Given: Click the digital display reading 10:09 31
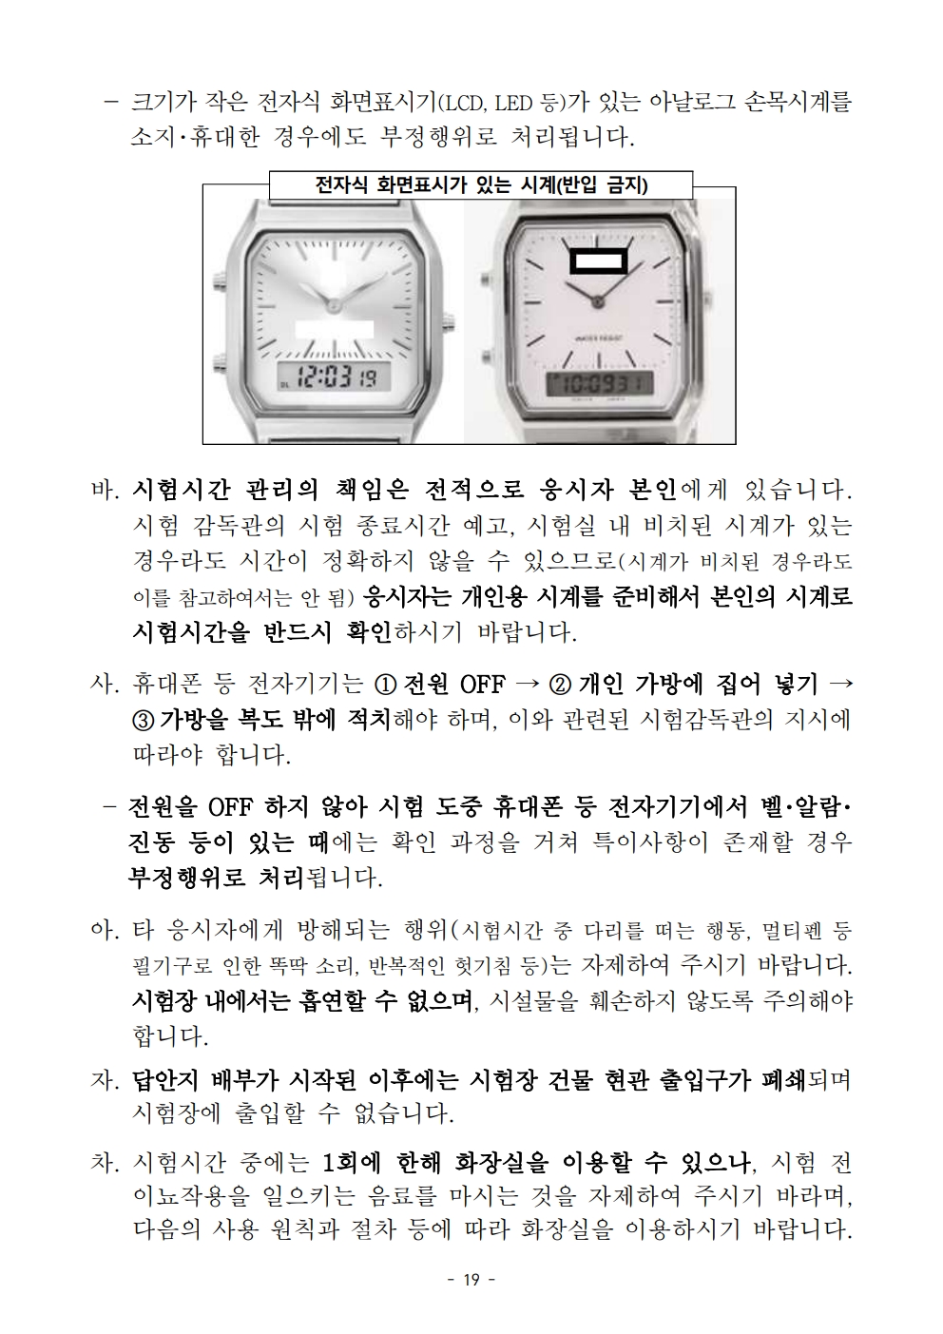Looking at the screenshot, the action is pos(600,383).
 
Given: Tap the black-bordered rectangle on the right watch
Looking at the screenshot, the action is pos(599,261).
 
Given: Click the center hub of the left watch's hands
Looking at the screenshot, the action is pos(334,305).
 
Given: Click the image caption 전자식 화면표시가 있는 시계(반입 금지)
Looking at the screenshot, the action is pos(481,185).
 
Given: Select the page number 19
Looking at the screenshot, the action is pos(471,1279).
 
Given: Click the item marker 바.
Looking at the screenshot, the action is pos(106,490).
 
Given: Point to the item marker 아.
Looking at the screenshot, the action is pos(106,930).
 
